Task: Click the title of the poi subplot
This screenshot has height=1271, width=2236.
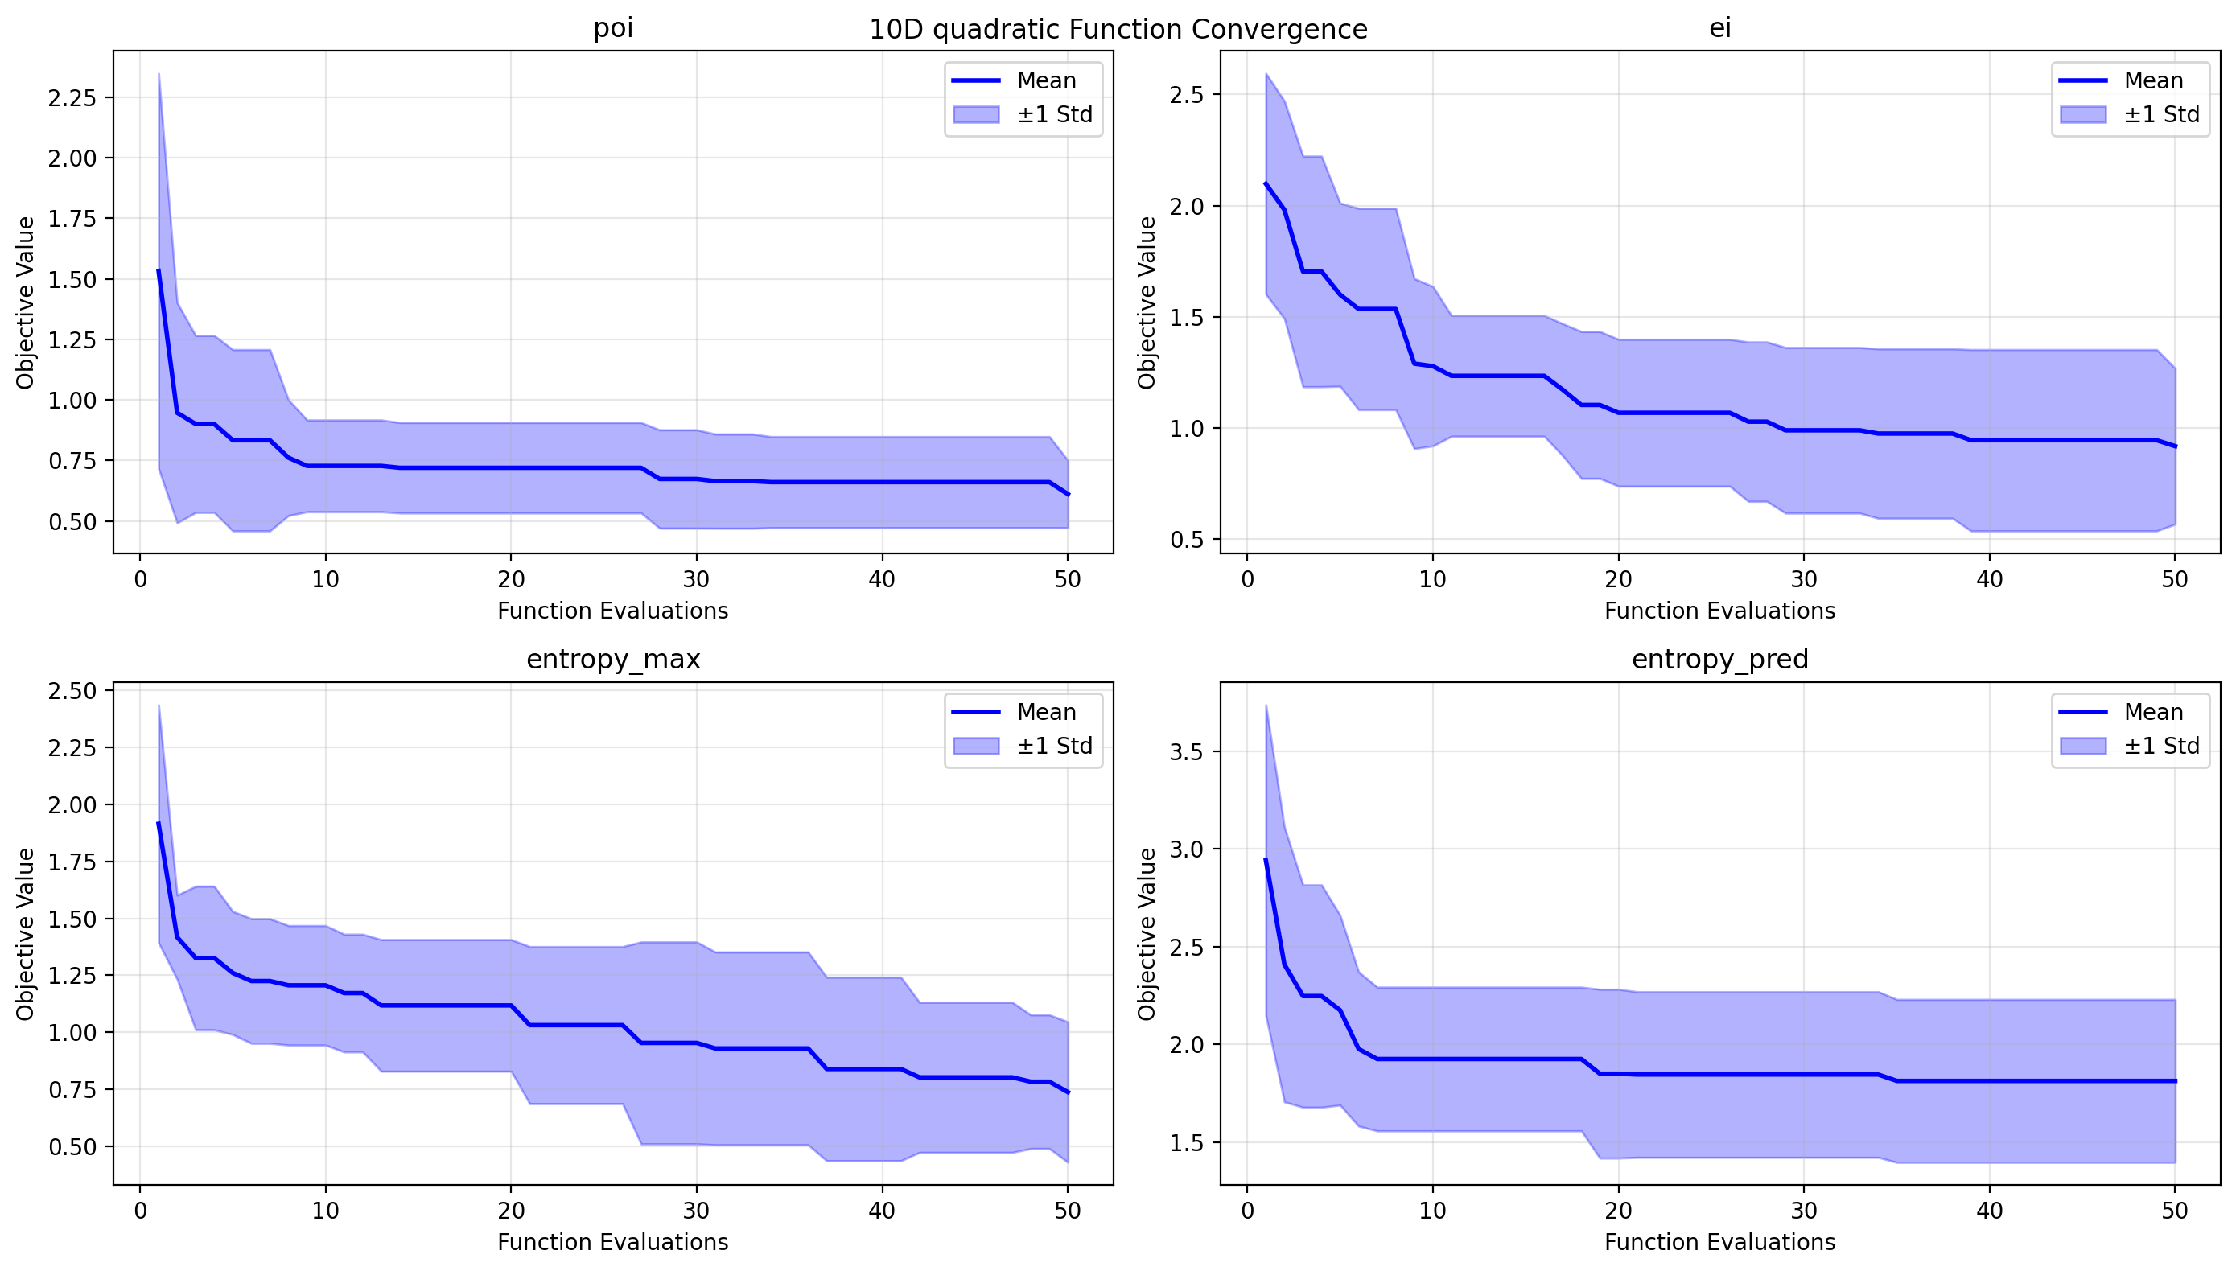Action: (x=613, y=28)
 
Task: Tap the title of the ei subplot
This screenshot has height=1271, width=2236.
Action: (x=1719, y=28)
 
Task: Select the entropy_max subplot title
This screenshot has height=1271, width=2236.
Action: (x=613, y=659)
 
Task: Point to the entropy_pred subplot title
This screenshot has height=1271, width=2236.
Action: (x=1719, y=659)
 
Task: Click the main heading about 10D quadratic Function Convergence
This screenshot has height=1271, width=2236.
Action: (x=1118, y=30)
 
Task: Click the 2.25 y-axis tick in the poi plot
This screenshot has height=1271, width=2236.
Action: (x=72, y=98)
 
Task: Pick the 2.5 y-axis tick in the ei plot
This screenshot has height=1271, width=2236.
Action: (x=1186, y=94)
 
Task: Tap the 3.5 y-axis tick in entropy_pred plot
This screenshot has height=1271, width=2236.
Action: (x=1186, y=751)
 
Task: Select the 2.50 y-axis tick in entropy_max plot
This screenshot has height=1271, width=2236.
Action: (x=72, y=691)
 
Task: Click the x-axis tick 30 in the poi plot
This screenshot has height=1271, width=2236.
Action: (x=696, y=580)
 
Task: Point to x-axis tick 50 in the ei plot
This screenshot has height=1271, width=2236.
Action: (x=2174, y=580)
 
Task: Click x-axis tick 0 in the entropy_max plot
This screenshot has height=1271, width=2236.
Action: (x=140, y=1211)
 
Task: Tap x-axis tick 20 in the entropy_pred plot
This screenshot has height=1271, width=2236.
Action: (x=1618, y=1211)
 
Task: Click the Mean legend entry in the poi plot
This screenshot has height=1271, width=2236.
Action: (x=1045, y=80)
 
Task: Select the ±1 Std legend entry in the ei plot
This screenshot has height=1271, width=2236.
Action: (x=2161, y=114)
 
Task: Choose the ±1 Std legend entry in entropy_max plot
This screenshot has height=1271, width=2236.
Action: (x=1054, y=747)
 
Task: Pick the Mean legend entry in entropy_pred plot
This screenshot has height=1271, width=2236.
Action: (x=2153, y=712)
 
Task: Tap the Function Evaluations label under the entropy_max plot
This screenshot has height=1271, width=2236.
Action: (x=613, y=1242)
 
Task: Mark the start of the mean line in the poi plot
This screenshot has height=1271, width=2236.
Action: (x=158, y=270)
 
